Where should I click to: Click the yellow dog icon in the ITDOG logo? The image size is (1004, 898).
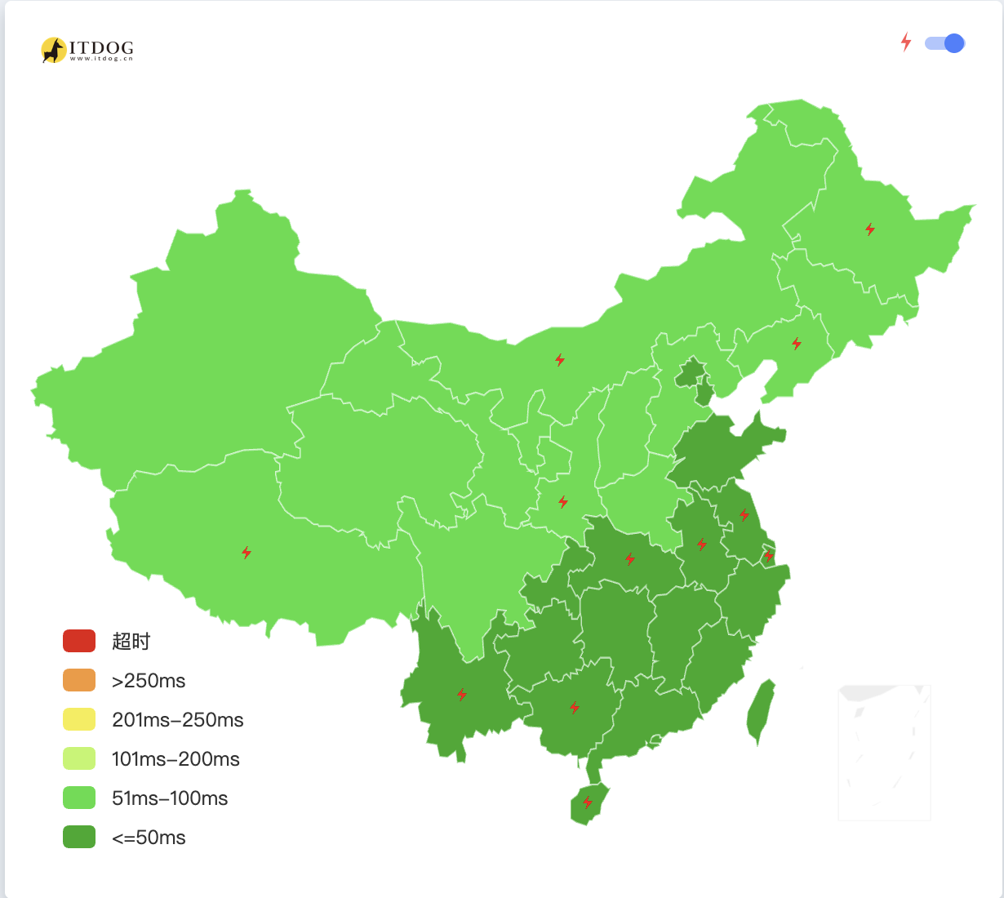[x=54, y=50]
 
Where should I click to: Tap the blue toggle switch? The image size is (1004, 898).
[x=945, y=43]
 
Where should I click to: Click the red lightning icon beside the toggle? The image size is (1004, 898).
[x=906, y=42]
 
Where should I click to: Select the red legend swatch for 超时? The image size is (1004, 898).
[x=79, y=641]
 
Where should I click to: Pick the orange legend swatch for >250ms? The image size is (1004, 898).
[x=79, y=680]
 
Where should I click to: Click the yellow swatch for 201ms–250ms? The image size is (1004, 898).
[x=79, y=719]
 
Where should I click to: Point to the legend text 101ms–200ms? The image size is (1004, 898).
[x=175, y=759]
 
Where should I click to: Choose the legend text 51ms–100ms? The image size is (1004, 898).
[x=170, y=798]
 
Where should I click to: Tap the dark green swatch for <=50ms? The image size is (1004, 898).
[x=79, y=837]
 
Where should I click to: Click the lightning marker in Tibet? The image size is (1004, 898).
[x=247, y=553]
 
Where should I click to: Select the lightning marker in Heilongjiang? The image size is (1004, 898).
[x=870, y=229]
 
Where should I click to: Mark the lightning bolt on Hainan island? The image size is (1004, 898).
[x=588, y=802]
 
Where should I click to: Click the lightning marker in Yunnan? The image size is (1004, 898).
[x=462, y=695]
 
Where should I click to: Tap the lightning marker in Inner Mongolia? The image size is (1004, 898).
[x=560, y=360]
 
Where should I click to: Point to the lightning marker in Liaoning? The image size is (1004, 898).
[x=797, y=344]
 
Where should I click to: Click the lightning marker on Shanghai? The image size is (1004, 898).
[x=768, y=556]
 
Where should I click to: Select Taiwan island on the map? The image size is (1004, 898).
[x=761, y=710]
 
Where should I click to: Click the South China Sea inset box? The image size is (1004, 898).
[x=884, y=752]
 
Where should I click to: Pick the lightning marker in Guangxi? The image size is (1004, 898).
[x=575, y=708]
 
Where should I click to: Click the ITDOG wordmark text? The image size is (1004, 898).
[x=101, y=48]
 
